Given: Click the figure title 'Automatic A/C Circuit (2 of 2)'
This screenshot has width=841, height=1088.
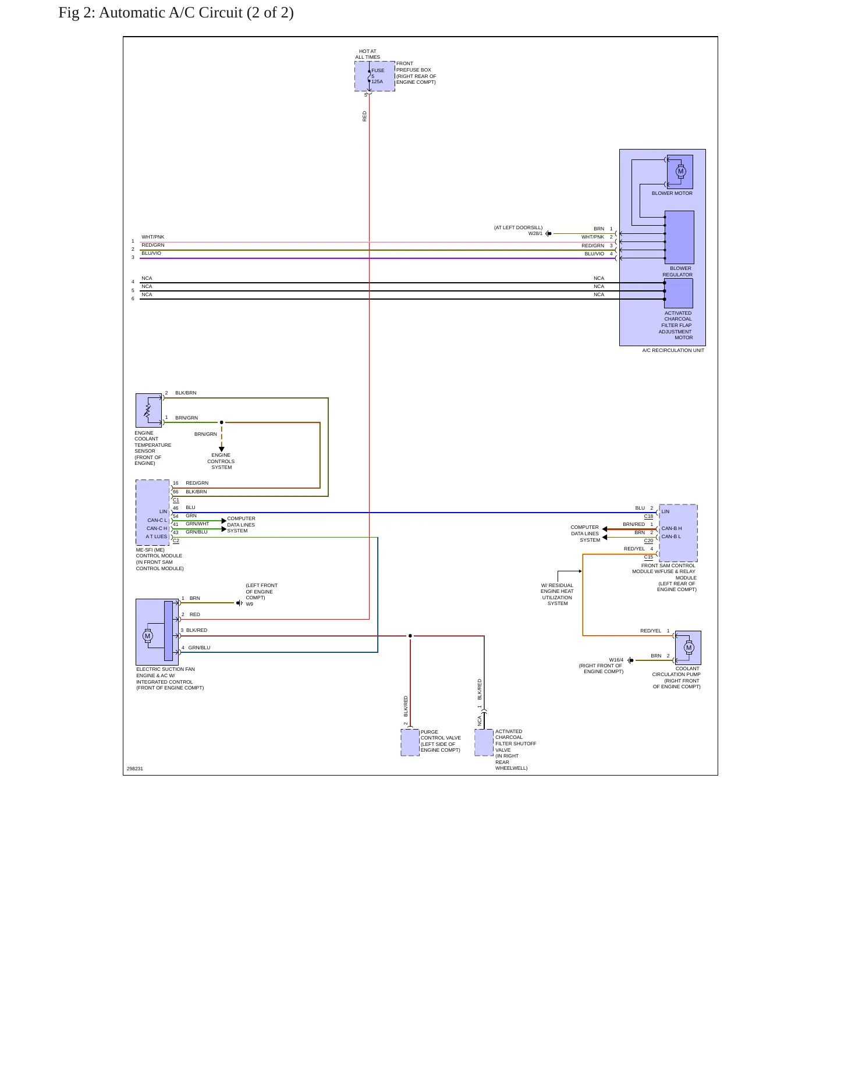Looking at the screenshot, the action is (196, 12).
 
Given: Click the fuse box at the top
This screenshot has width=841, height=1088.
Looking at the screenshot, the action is (375, 76).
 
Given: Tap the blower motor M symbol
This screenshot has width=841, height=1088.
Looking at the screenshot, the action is (681, 171).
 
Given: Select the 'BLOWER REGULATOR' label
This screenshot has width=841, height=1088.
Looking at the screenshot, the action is (677, 272).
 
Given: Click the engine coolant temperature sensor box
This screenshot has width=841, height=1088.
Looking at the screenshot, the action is (148, 410).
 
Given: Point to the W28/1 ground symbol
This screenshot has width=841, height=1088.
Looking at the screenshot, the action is (548, 234).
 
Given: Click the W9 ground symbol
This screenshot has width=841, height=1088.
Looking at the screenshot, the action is (239, 603).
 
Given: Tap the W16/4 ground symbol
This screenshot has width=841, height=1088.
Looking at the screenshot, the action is (630, 660).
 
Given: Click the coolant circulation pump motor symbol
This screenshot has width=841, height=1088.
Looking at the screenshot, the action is (689, 648).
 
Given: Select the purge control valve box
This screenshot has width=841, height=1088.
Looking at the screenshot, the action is (410, 742).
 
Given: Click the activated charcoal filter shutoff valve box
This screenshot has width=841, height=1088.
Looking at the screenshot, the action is (484, 742).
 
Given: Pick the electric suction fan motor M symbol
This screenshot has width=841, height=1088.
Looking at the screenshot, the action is (148, 636).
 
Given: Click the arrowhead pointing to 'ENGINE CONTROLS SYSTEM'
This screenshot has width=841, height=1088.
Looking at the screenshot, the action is (222, 449).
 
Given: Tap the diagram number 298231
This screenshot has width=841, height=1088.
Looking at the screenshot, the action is (135, 769).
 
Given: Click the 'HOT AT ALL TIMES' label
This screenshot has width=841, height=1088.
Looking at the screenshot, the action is (368, 54).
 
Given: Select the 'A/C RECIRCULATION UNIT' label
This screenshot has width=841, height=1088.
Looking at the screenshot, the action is (673, 350).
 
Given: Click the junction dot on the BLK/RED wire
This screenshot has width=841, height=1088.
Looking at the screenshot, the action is (410, 636).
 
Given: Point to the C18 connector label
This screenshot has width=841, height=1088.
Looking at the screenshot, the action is (648, 516).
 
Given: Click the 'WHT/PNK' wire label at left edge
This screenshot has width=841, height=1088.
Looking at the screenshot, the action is (153, 237).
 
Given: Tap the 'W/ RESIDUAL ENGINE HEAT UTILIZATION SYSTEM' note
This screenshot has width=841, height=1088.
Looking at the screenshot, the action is (557, 594).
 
